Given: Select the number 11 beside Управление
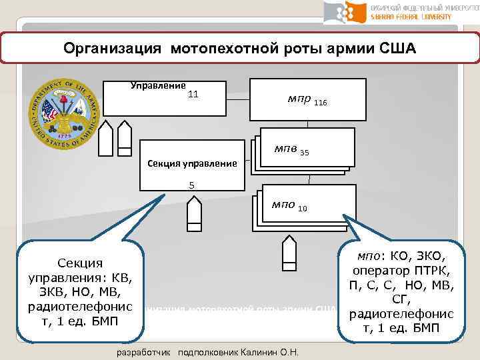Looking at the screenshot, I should coord(193,95).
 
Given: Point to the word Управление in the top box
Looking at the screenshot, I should coord(158,85).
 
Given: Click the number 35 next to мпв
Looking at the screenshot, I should coord(305,153).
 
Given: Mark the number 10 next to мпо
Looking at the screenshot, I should coord(303,209).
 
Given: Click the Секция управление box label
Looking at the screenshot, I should coord(192,163).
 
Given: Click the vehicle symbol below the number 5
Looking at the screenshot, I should coord(194,214).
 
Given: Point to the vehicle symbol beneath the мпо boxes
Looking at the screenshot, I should coord(289,252).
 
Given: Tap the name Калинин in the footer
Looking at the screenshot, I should coord(270,352).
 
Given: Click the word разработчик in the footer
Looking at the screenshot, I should coord(142,352).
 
